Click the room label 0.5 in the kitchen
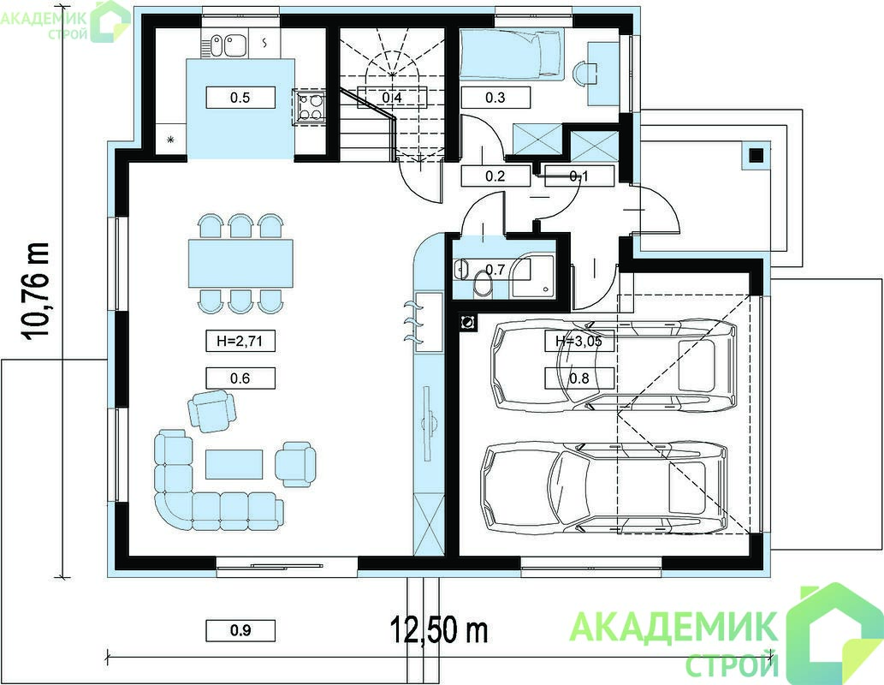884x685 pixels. pos(240,98)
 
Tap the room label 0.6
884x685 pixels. pos(240,378)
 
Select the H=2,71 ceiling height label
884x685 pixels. pos(240,342)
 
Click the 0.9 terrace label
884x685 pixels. pos(240,630)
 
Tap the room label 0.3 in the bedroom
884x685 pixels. pos(495,98)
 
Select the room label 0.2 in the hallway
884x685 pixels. pos(495,176)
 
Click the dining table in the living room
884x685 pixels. pos(240,264)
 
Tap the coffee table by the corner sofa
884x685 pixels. pos(234,464)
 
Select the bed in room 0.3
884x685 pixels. pos(511,54)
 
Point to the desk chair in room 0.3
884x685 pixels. pos(584,73)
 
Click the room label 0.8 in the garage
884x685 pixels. pos(579,378)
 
